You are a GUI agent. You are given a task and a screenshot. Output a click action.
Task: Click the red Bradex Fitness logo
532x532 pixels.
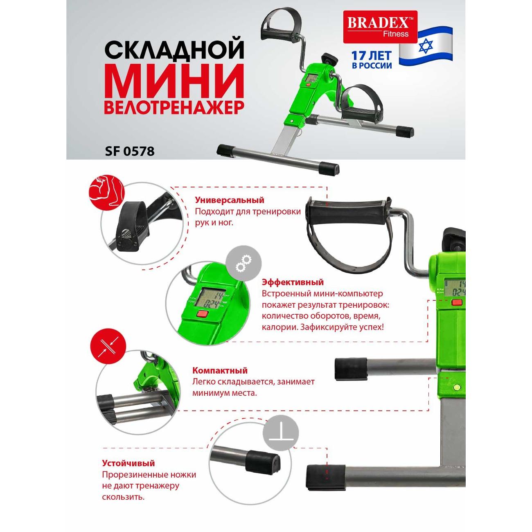pyautogui.click(x=380, y=27)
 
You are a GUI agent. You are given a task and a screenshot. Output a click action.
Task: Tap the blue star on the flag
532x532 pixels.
pyautogui.click(x=426, y=46)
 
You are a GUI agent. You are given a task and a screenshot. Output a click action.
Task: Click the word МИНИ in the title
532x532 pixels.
pyautogui.click(x=174, y=81)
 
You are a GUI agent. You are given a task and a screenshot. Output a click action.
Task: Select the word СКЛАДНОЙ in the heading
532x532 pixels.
pyautogui.click(x=174, y=50)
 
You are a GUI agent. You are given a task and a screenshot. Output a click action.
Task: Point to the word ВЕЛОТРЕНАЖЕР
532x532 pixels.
pyautogui.click(x=174, y=107)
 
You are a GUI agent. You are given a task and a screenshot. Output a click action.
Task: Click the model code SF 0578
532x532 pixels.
pyautogui.click(x=130, y=151)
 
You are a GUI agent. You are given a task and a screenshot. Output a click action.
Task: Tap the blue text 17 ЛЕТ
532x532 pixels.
pyautogui.click(x=371, y=56)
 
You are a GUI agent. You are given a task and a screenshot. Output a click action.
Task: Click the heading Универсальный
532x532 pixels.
pyautogui.click(x=230, y=200)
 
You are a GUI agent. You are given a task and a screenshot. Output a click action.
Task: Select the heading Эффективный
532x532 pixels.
pyautogui.click(x=293, y=282)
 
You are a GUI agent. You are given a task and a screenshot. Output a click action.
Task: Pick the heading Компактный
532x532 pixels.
pyautogui.click(x=220, y=370)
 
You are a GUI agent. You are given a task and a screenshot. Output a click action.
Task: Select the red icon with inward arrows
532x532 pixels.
pyautogui.click(x=108, y=346)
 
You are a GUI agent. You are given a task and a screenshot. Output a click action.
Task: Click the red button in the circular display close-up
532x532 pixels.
pyautogui.click(x=202, y=313)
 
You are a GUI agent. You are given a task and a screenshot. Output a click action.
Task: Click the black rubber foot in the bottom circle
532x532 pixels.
pyautogui.click(x=263, y=467)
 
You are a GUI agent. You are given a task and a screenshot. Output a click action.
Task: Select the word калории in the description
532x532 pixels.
pyautogui.click(x=279, y=328)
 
